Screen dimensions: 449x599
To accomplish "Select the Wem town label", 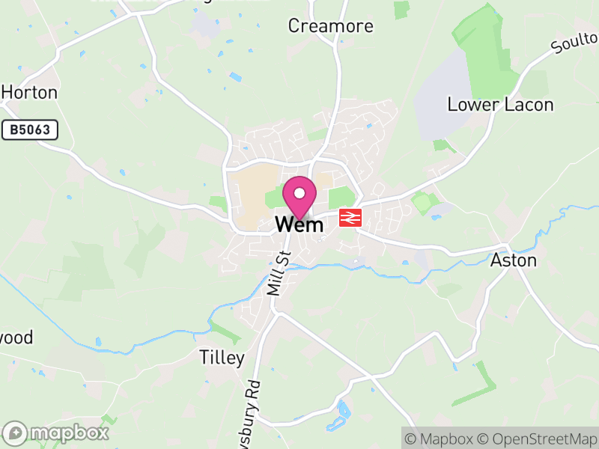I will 299,224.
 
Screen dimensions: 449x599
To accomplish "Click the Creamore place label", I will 331,26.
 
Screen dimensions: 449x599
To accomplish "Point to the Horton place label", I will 29,93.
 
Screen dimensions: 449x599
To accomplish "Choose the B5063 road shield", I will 30,130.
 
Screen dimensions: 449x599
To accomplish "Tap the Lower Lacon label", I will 500,105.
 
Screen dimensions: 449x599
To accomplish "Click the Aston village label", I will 513,260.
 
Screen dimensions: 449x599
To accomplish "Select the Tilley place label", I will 222,358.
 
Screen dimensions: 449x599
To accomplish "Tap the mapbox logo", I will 57,433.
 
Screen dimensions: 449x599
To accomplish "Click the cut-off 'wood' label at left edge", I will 16,337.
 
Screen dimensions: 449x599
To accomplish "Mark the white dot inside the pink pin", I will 299,193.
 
